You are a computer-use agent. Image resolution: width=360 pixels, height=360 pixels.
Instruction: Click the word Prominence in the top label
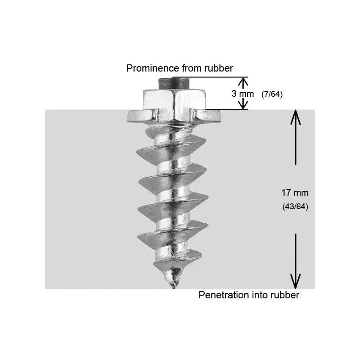tap(153, 68)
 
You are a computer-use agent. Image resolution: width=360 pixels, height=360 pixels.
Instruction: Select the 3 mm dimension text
tap(243, 94)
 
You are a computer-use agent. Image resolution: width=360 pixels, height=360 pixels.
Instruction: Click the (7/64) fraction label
tap(272, 94)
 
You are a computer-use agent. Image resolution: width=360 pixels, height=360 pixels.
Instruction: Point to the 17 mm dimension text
tap(295, 193)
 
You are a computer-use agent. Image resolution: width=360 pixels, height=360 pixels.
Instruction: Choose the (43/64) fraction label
tap(295, 207)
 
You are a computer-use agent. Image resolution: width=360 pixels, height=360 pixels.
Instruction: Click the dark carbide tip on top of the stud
tap(174, 83)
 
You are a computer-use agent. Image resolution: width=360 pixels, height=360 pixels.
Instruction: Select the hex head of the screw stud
tap(174, 104)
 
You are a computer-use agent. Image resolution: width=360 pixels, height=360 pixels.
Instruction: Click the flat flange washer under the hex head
tap(174, 117)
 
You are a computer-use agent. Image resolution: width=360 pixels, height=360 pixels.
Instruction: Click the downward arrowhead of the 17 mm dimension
tap(296, 282)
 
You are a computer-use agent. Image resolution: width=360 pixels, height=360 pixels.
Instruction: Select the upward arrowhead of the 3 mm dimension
tap(243, 82)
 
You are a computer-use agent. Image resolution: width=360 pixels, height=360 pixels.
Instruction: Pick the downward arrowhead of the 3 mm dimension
tap(243, 105)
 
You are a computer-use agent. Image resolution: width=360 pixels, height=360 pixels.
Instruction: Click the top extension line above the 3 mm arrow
tap(210, 77)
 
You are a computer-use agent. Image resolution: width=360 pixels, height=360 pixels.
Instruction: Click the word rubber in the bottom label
tap(285, 295)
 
